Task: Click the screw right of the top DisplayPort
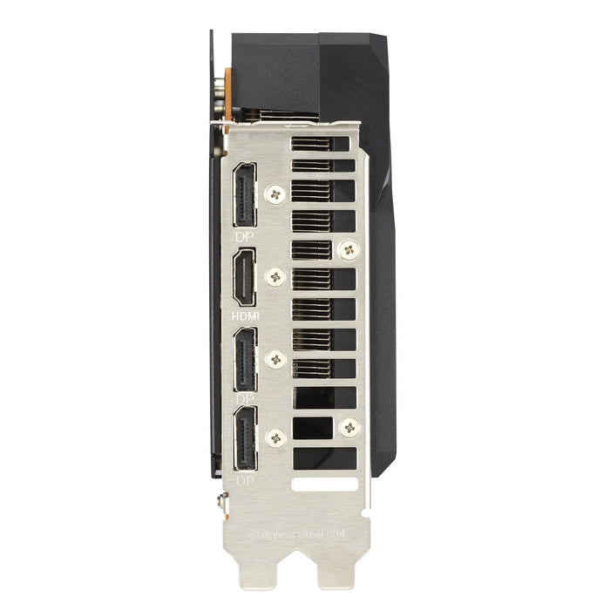click(x=277, y=194)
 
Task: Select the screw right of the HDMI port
click(x=277, y=277)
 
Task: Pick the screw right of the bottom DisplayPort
click(x=277, y=438)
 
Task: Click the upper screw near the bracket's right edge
click(x=349, y=250)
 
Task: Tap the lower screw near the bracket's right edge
click(x=349, y=427)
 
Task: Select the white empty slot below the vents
click(x=324, y=481)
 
